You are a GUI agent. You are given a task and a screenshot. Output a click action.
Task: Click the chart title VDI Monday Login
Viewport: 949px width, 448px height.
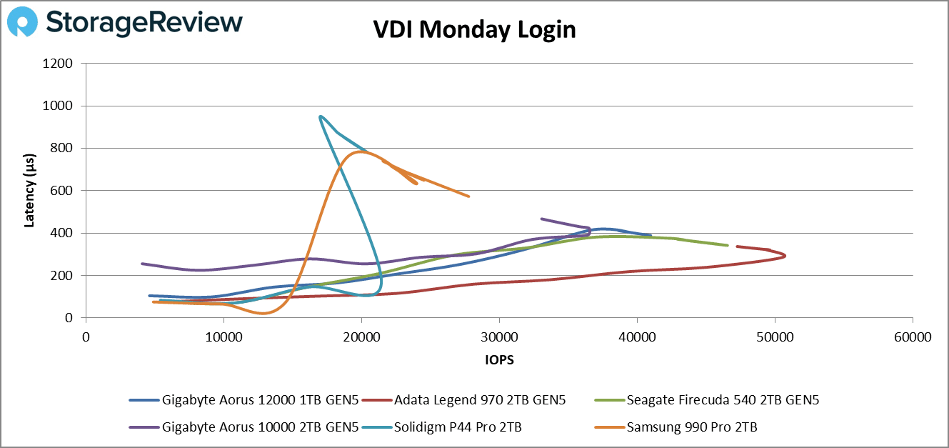(474, 30)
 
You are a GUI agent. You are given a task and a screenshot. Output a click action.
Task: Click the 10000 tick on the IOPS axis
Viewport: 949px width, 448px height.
(224, 337)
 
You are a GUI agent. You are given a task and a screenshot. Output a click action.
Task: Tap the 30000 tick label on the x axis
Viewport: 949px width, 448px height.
(499, 337)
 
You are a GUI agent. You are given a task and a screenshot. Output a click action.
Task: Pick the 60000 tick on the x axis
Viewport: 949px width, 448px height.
(912, 337)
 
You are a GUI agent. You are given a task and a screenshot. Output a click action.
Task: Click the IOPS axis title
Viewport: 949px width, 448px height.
(499, 360)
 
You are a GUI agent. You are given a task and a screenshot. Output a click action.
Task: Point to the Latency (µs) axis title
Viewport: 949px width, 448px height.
(29, 190)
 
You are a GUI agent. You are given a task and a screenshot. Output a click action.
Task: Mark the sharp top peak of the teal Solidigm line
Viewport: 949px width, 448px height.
(321, 116)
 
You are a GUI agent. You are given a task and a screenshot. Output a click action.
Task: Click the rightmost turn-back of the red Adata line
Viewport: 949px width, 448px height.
(785, 255)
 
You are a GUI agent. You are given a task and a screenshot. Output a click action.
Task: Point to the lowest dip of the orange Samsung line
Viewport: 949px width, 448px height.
(264, 313)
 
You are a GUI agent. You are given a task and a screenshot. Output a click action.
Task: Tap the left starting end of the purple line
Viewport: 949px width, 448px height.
(142, 264)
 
